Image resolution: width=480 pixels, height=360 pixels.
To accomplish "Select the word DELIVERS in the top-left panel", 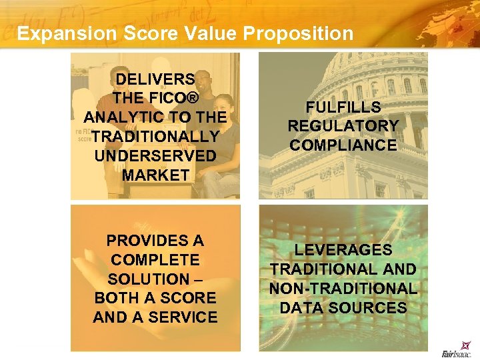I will (x=155, y=79).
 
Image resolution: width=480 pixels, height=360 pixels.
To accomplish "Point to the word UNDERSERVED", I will (x=155, y=156).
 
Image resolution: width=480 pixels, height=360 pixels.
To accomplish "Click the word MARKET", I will (x=155, y=175).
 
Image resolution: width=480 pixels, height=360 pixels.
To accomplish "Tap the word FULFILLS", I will (x=343, y=107).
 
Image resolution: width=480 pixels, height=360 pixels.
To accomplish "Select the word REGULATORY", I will (x=343, y=126).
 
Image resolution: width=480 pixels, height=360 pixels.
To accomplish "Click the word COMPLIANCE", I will (x=343, y=145).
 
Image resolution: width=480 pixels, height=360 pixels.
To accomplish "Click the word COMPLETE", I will (x=155, y=260).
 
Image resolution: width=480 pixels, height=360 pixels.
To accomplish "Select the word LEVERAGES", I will (x=343, y=250).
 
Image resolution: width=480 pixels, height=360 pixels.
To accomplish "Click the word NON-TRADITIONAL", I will (x=343, y=289).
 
